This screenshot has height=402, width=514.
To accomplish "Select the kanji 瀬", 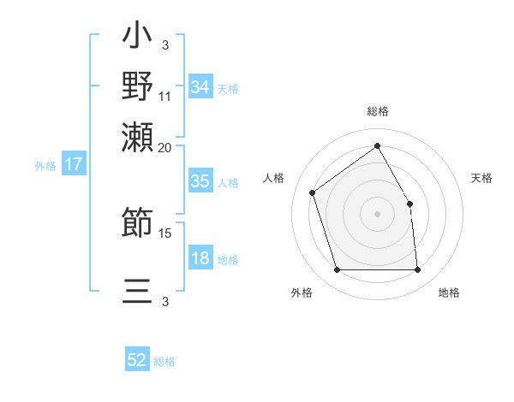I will [137, 134].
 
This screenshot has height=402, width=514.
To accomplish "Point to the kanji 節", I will [137, 223].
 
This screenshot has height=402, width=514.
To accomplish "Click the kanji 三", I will [137, 290].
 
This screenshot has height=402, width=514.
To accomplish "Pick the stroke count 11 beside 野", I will [165, 95].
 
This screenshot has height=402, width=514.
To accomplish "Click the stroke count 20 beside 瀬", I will [165, 146].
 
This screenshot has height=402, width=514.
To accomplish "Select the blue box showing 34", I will [200, 87].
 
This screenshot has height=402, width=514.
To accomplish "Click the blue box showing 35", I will [200, 182].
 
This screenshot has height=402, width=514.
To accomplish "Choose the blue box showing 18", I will [200, 259].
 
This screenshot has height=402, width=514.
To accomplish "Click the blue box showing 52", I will [137, 361].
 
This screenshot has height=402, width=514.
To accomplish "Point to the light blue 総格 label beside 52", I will [164, 362].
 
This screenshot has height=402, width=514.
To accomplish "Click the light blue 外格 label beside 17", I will [45, 166].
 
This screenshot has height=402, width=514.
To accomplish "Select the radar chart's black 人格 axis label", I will [274, 178].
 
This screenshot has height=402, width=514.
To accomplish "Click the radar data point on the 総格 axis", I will [377, 145].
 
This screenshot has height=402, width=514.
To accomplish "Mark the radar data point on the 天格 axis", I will [409, 204].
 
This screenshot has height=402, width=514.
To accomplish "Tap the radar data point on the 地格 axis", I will [417, 270].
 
